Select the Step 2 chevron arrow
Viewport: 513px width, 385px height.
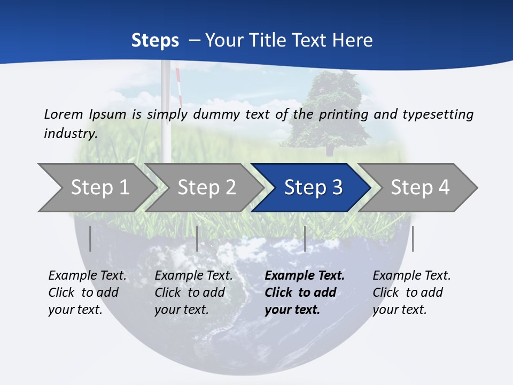pos(206,188)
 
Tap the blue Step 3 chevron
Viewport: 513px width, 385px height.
pos(313,188)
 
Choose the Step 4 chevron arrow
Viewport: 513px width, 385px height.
pos(420,188)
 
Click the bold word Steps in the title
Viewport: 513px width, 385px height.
pos(155,40)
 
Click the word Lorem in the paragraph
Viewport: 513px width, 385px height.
pos(64,114)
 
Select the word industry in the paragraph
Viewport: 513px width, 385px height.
pos(70,134)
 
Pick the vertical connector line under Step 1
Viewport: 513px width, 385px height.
pos(90,238)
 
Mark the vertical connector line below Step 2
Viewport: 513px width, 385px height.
pos(197,238)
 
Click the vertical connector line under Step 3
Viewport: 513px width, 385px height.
pos(305,238)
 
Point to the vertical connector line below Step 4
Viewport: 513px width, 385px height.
pos(413,238)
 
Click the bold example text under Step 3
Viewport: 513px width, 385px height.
pos(305,292)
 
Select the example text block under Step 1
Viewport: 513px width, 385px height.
pos(87,292)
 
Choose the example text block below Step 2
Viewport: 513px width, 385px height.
pos(193,292)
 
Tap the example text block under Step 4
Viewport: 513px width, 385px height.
pos(411,292)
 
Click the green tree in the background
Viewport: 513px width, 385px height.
pos(327,110)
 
